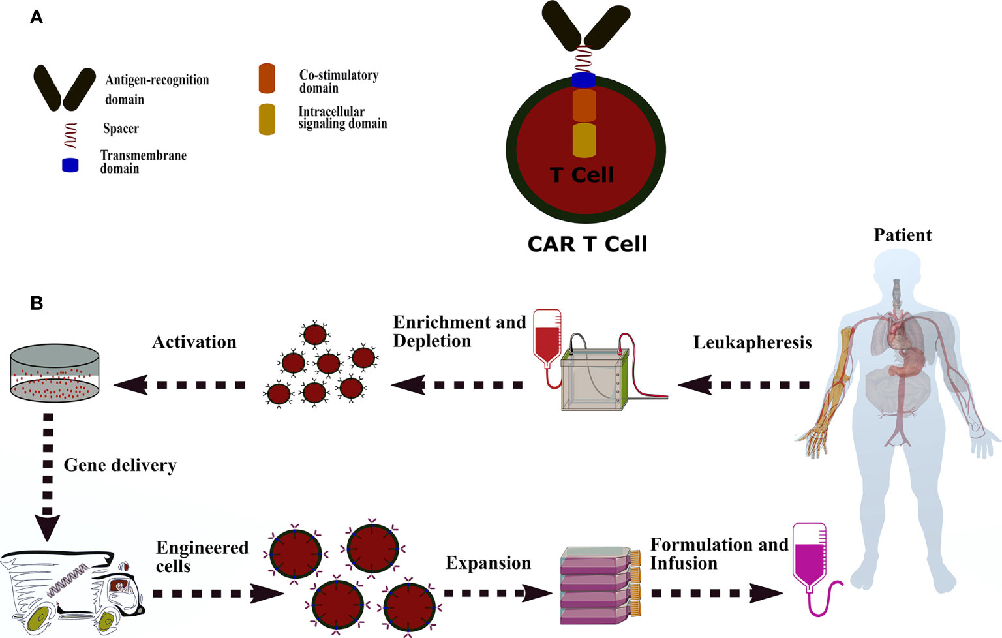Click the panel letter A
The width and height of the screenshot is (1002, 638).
[x=37, y=18]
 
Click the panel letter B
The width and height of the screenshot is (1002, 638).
[x=37, y=303]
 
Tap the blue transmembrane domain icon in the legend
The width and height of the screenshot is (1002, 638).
[x=70, y=165]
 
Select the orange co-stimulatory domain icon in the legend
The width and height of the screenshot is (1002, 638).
[x=267, y=78]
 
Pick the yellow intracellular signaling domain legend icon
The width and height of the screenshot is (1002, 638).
[x=267, y=119]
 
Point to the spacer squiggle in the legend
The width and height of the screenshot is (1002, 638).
[x=70, y=134]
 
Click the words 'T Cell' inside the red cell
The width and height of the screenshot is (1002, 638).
[x=582, y=175]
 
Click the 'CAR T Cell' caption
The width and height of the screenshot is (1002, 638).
[x=587, y=244]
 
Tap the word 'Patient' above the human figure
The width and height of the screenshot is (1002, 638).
[x=902, y=235]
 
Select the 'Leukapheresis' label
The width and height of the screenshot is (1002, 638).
[x=752, y=342]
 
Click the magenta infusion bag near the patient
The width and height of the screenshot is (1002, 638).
[x=809, y=558]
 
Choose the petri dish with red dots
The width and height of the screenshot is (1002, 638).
[x=55, y=374]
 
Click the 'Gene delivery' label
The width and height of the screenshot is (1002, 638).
[x=120, y=465]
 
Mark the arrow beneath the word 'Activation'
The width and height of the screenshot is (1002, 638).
[x=180, y=385]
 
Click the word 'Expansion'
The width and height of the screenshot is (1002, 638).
[x=488, y=563]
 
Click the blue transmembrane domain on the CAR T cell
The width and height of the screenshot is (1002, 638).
[x=584, y=81]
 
